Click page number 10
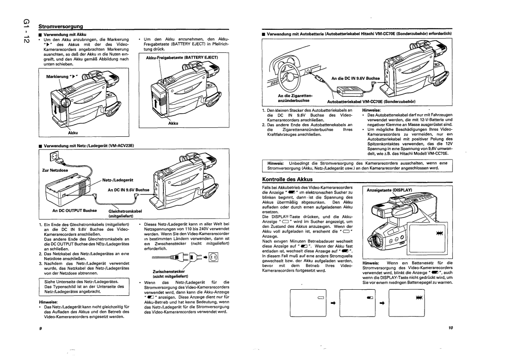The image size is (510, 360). point(450,327)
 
